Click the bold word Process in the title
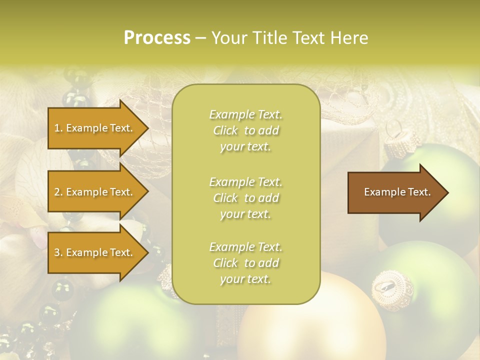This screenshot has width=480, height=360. coord(157,38)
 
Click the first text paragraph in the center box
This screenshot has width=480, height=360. coord(245,130)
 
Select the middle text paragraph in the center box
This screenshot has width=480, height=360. coord(245,198)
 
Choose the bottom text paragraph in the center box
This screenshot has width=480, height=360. coord(245,263)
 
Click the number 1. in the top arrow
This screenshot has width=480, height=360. coord(58,128)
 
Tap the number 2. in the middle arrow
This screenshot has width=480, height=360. coord(58,192)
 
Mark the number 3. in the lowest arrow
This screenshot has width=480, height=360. coord(58,252)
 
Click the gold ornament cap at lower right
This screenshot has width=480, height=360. coord(391,286)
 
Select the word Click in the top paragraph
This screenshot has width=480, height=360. coord(225,130)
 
